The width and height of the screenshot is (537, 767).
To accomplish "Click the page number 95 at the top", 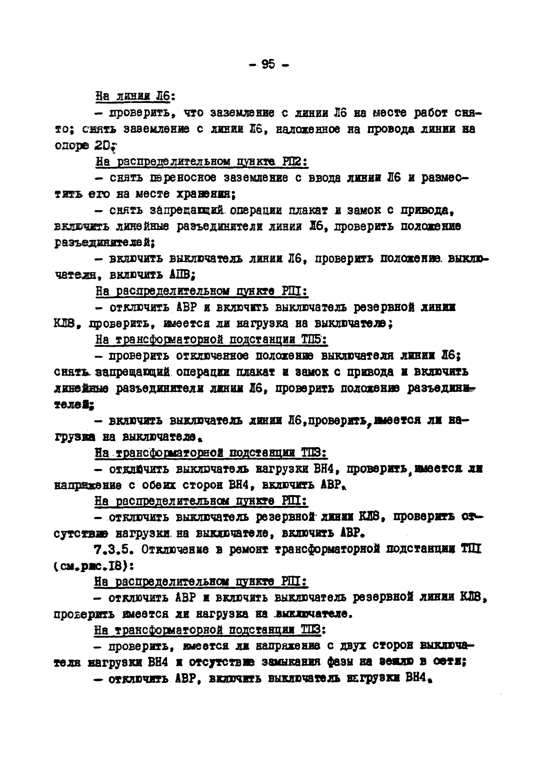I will (x=268, y=64).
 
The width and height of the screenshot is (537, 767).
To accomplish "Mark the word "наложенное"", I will (x=308, y=129).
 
